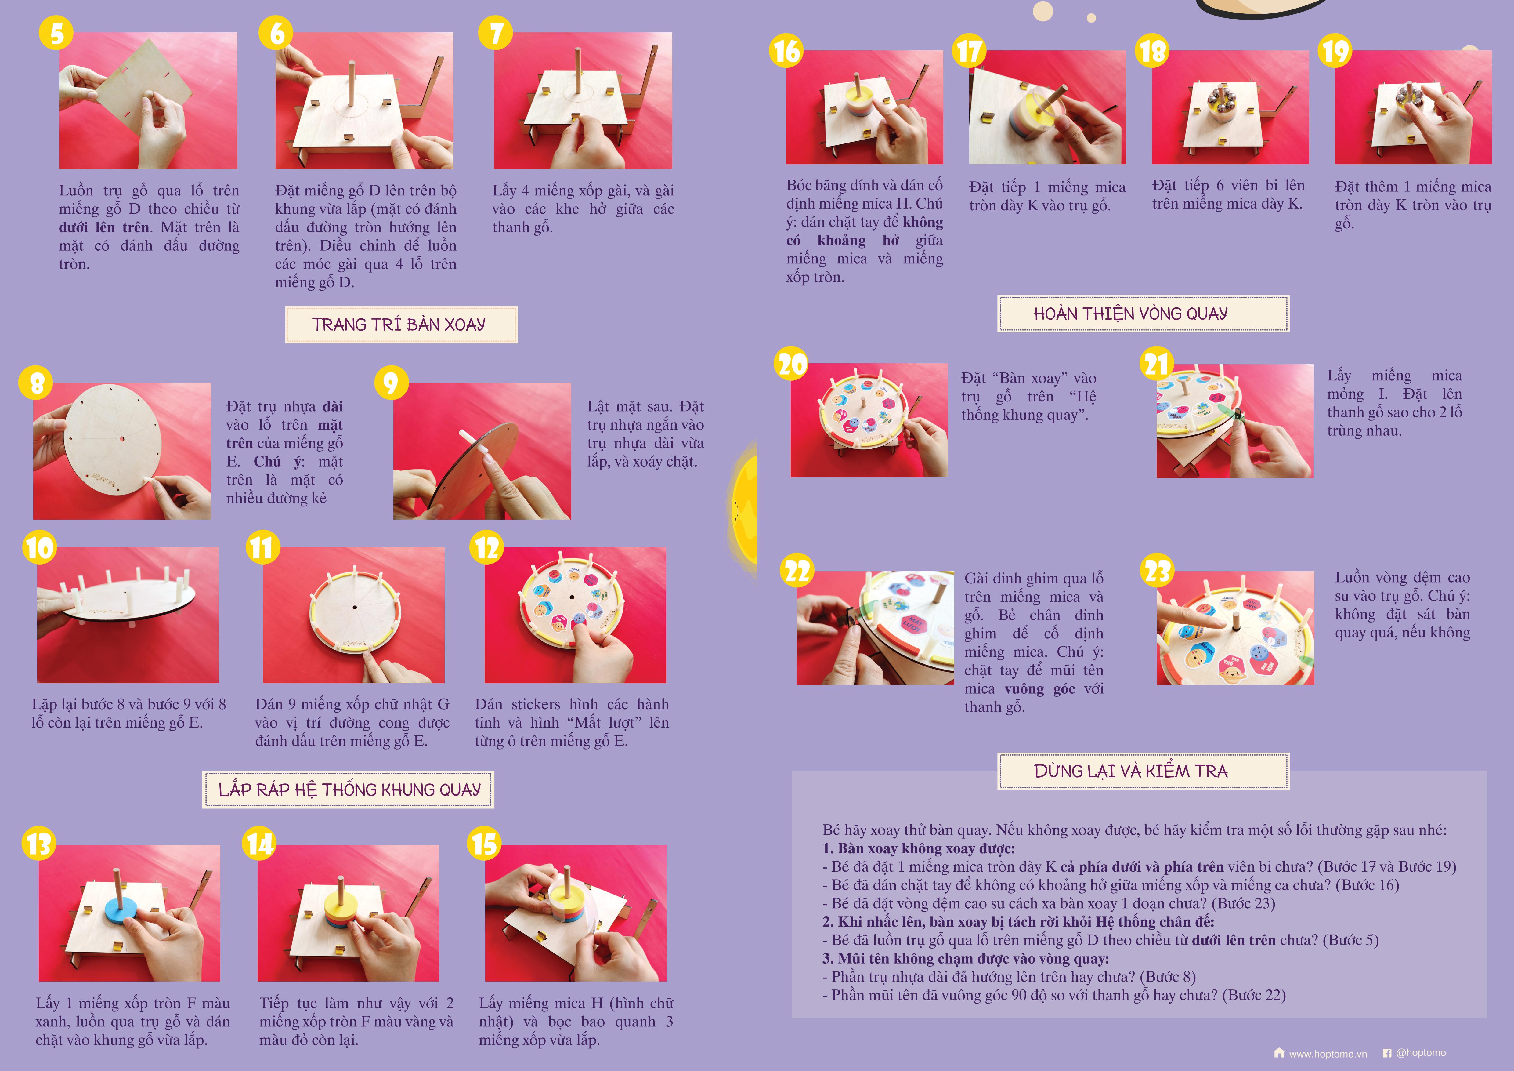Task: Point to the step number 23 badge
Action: point(1157,571)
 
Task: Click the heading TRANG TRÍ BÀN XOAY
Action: point(401,325)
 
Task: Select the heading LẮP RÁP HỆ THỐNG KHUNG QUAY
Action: point(348,790)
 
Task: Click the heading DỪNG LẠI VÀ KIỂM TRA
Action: point(1144,771)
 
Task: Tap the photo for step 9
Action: point(482,451)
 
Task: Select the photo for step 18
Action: point(1230,107)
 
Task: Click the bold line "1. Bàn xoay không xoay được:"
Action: point(919,849)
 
